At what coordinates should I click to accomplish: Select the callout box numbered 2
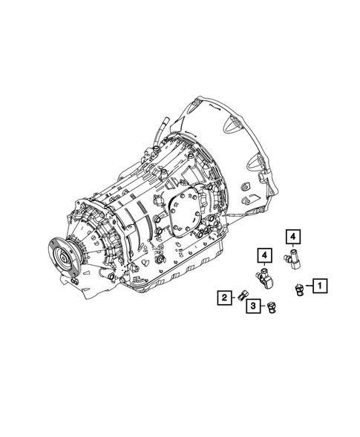pyautogui.click(x=222, y=298)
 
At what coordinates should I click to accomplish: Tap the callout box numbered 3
pyautogui.click(x=253, y=306)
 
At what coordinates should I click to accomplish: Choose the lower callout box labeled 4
pyautogui.click(x=264, y=255)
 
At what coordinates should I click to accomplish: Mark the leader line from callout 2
pyautogui.click(x=232, y=298)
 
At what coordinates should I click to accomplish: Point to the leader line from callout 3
pyautogui.click(x=263, y=306)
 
